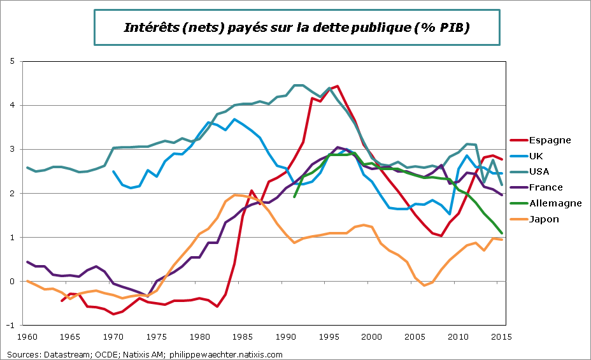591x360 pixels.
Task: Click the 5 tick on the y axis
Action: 11,61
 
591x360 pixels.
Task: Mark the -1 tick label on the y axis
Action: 10,325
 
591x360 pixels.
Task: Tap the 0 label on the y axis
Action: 11,281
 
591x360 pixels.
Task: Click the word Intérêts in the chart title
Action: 147,28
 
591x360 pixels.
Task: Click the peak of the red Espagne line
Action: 336,86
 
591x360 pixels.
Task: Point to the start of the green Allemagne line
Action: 294,197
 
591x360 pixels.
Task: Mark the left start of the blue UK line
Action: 113,171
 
